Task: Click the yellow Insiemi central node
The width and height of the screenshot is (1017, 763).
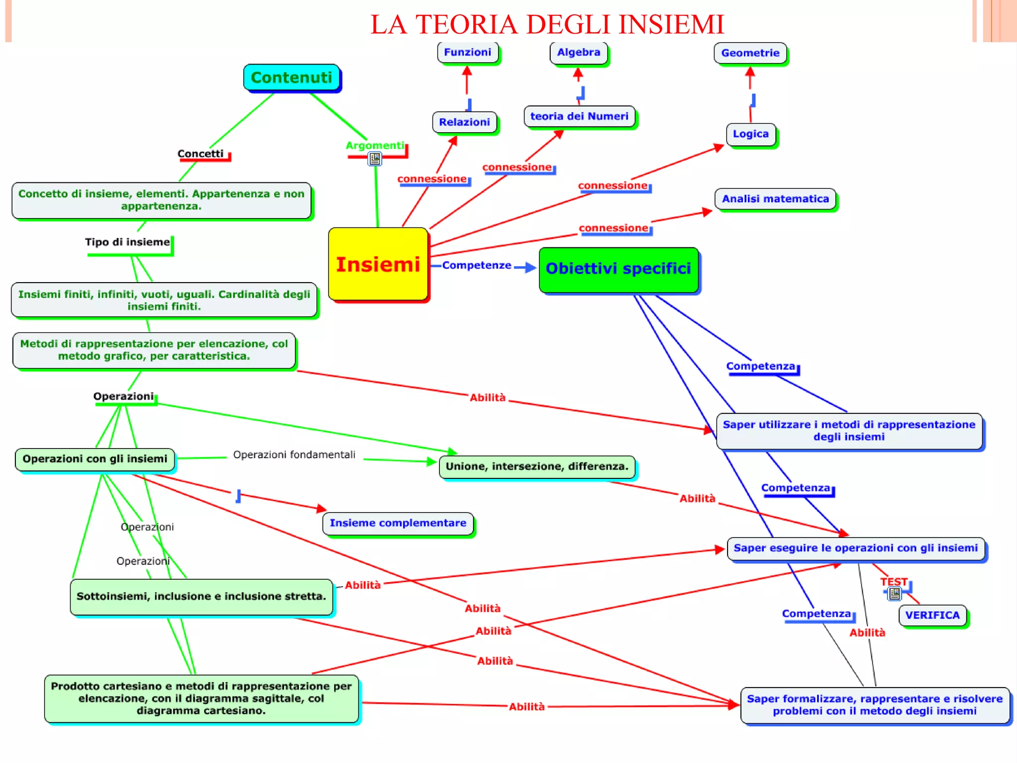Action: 378,264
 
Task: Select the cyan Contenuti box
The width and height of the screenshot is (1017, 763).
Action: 291,77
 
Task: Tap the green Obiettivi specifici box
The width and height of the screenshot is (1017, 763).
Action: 618,269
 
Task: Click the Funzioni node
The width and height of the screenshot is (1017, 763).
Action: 467,52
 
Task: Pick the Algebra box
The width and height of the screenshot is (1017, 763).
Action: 579,52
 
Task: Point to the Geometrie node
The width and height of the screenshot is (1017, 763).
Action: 750,53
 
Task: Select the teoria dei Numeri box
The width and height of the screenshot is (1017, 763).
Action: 579,116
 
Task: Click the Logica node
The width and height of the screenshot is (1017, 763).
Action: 750,134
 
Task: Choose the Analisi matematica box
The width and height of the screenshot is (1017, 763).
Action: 775,199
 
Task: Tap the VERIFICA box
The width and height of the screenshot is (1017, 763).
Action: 932,615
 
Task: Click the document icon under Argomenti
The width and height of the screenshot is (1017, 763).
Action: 375,159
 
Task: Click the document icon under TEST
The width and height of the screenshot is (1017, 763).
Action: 894,594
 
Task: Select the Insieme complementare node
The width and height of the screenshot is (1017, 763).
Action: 398,523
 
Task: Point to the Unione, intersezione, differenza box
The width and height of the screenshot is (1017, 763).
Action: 537,466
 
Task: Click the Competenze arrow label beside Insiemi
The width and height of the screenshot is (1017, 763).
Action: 476,265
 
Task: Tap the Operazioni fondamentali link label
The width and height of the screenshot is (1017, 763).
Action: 294,455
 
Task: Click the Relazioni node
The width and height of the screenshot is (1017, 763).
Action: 464,122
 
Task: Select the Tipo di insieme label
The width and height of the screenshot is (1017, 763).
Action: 127,242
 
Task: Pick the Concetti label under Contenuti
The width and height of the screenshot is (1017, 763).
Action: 201,153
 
